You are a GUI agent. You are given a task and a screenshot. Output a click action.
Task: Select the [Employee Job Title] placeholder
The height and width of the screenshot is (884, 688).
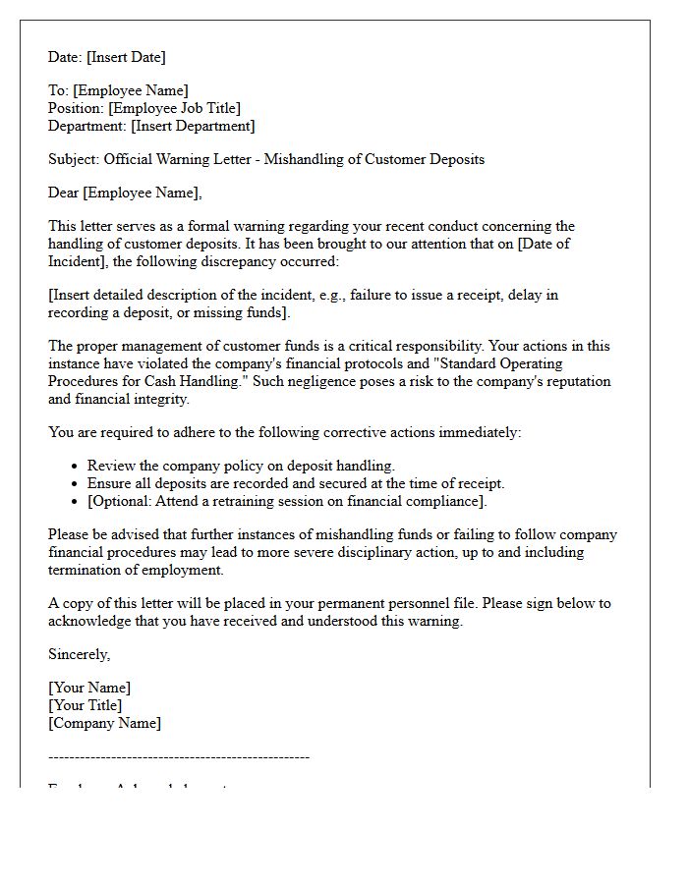tap(174, 108)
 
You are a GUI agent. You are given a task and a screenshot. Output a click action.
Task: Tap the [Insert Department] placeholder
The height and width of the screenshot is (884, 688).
tap(193, 126)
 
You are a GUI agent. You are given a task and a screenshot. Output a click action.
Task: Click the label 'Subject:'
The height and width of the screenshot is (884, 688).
tap(74, 159)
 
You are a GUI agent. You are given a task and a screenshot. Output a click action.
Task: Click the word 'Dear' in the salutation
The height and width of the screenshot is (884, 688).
tap(64, 193)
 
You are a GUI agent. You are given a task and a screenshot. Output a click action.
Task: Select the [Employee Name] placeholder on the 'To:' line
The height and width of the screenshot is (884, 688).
tap(131, 91)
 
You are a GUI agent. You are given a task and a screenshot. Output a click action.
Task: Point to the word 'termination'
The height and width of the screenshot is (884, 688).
tap(86, 570)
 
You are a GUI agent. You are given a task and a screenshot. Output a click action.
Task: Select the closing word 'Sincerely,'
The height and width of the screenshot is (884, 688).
tap(80, 654)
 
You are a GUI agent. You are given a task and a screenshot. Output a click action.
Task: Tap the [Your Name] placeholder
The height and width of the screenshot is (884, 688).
tap(89, 688)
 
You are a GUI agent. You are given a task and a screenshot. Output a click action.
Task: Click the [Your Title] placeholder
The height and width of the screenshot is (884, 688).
tap(86, 705)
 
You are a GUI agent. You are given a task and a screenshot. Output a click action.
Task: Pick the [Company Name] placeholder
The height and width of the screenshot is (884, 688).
tap(104, 723)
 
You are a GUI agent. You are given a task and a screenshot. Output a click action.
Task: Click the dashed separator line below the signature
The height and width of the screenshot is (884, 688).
tap(179, 757)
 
